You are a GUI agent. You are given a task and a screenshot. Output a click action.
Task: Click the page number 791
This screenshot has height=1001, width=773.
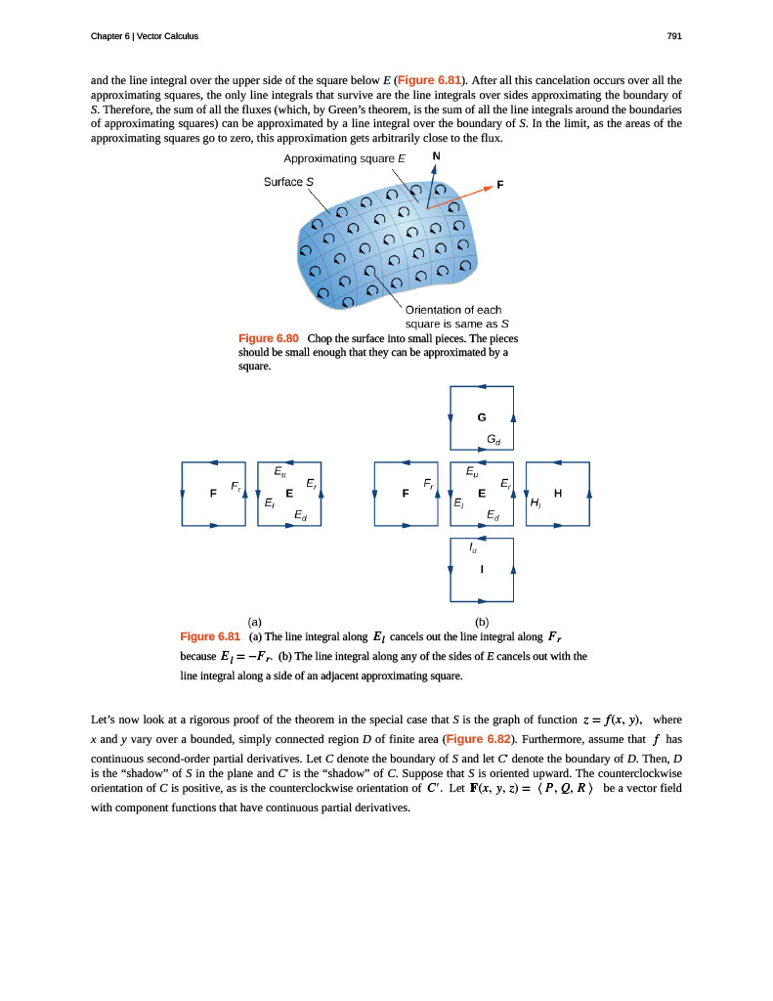point(673,36)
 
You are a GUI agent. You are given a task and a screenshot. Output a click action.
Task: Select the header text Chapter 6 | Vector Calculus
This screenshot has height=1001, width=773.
point(144,36)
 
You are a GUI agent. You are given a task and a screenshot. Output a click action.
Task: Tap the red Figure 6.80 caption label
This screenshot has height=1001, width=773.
point(269,338)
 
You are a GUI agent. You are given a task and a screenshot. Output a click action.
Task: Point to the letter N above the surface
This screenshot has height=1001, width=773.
point(436,156)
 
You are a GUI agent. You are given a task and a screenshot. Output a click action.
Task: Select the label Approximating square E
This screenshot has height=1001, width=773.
point(345,158)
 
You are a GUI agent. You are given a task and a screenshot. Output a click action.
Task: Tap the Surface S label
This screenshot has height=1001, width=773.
point(288,181)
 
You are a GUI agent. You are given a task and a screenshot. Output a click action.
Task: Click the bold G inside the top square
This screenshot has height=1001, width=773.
point(481,416)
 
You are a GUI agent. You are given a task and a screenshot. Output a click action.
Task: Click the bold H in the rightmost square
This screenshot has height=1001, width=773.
point(558,494)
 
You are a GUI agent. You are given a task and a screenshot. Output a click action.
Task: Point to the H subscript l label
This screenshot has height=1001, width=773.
point(536,503)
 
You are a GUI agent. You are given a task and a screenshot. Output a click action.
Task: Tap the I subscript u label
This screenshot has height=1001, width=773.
point(474,548)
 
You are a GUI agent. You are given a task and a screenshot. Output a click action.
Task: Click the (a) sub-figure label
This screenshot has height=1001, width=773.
point(254,621)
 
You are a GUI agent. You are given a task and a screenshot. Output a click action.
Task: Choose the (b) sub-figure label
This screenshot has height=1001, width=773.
point(482,621)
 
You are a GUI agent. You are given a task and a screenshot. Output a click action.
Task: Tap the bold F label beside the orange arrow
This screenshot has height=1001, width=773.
point(500,184)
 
